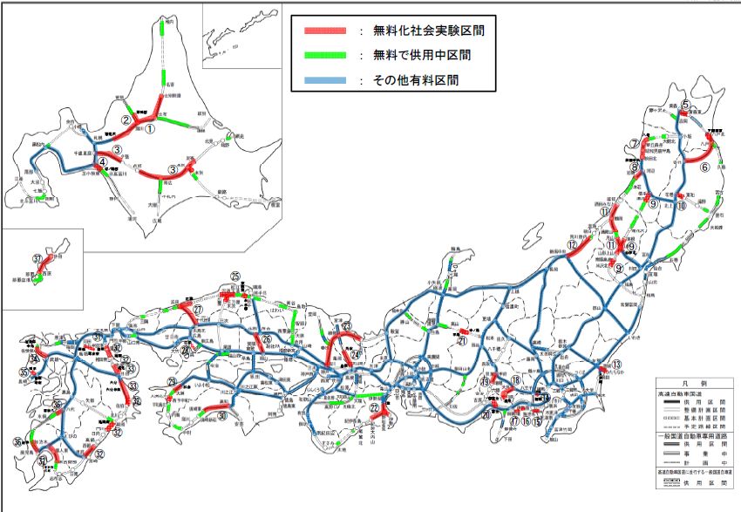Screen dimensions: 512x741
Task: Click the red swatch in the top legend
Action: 325,31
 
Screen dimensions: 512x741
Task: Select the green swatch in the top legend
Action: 325,55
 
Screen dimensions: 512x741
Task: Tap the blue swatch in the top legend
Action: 325,79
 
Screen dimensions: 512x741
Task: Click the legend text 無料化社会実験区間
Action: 427,31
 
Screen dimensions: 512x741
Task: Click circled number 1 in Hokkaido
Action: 149,127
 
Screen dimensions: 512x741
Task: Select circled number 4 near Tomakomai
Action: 102,161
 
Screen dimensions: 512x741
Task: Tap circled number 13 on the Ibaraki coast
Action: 615,365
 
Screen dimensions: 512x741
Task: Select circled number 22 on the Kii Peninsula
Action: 375,407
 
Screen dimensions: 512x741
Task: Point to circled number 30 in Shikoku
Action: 223,416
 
